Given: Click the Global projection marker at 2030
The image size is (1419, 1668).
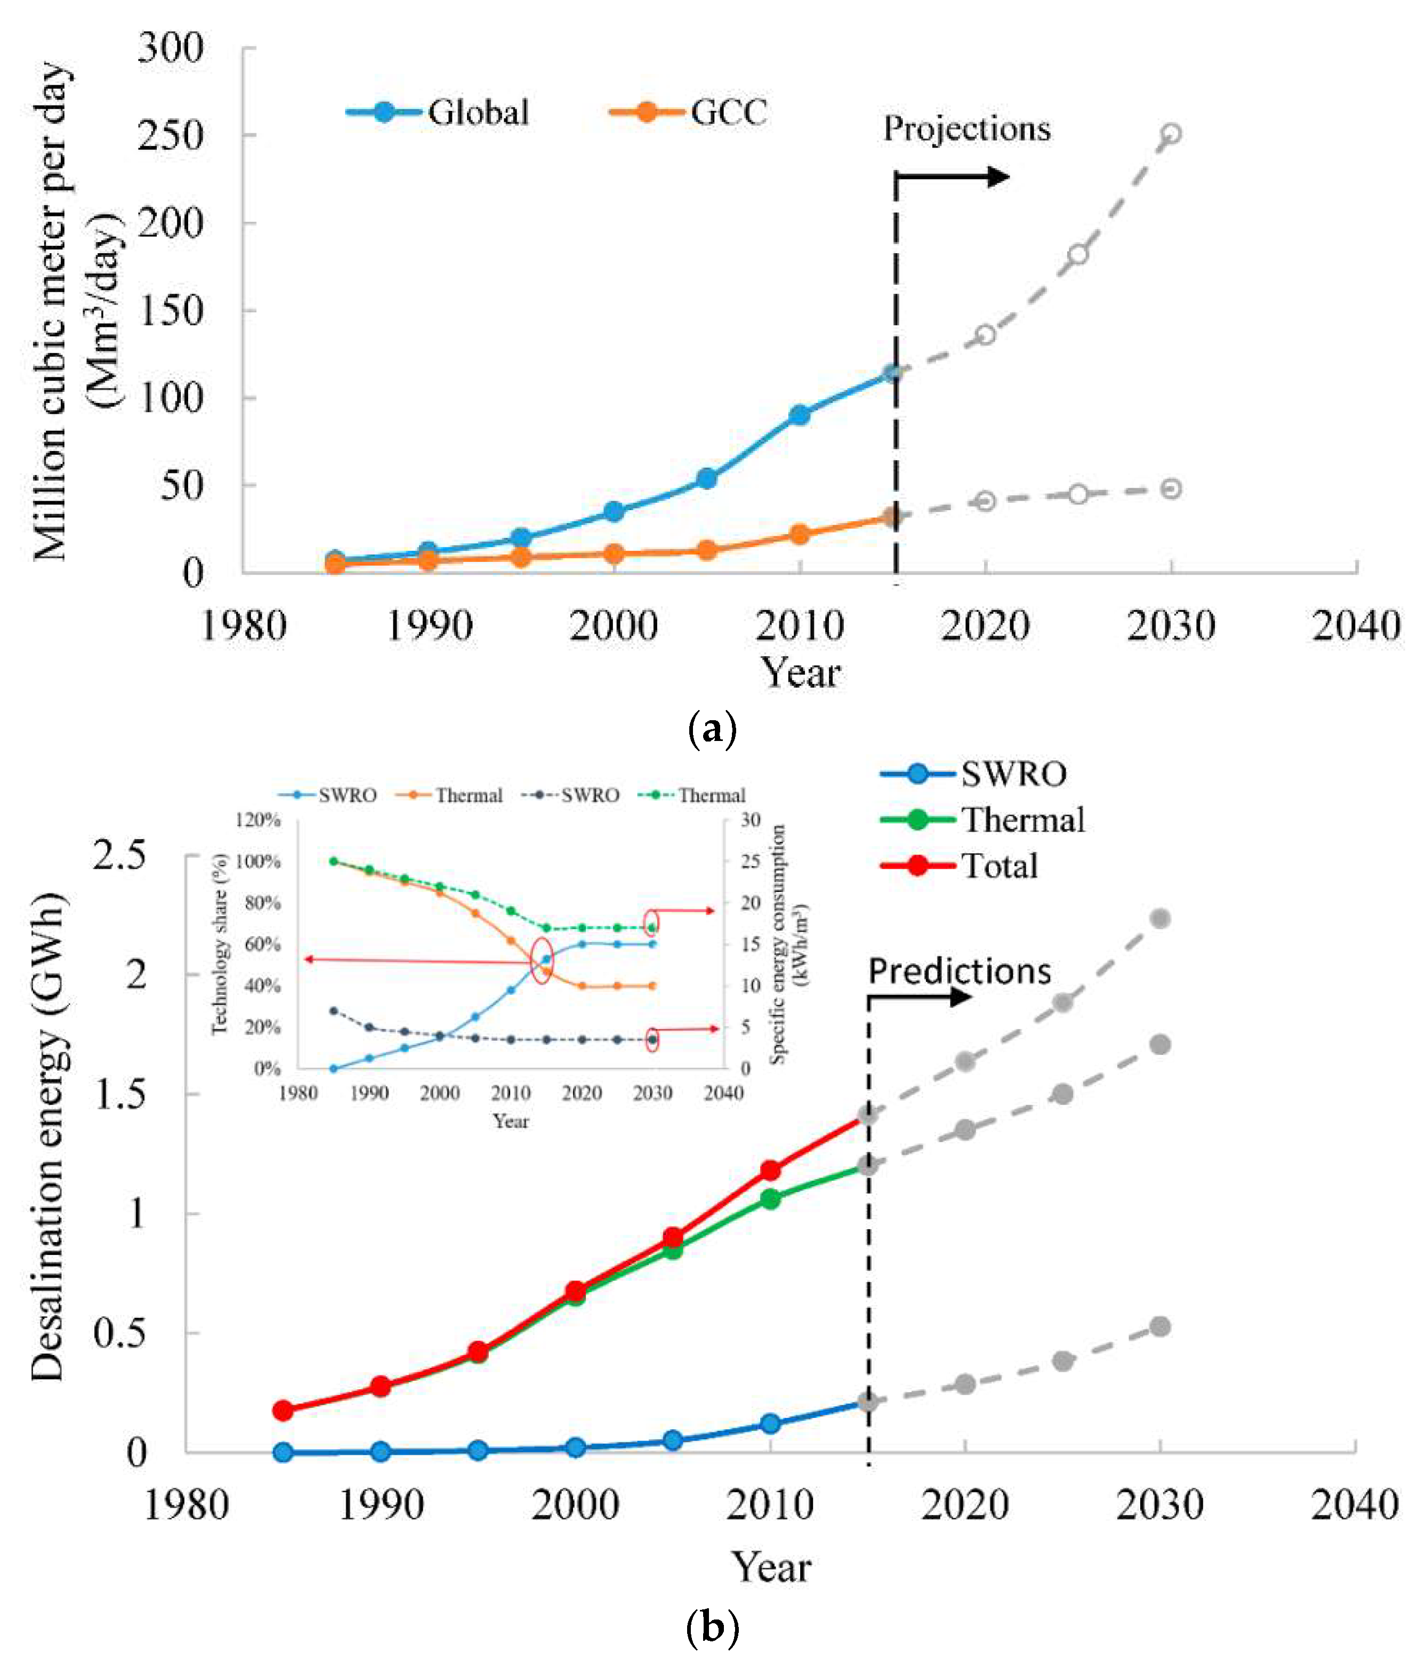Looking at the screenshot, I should (1171, 133).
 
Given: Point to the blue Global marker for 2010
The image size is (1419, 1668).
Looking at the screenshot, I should (799, 415).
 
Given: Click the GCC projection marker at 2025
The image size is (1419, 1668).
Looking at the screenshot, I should (1078, 494).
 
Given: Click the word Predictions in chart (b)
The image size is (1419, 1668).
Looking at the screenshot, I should (959, 971).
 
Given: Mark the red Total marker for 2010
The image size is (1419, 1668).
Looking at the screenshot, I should (770, 1170).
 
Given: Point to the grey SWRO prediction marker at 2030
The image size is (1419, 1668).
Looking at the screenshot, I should (1159, 1327).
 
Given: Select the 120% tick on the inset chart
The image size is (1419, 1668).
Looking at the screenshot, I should (257, 819).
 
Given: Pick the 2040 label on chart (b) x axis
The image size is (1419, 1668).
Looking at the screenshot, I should (1354, 1505).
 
